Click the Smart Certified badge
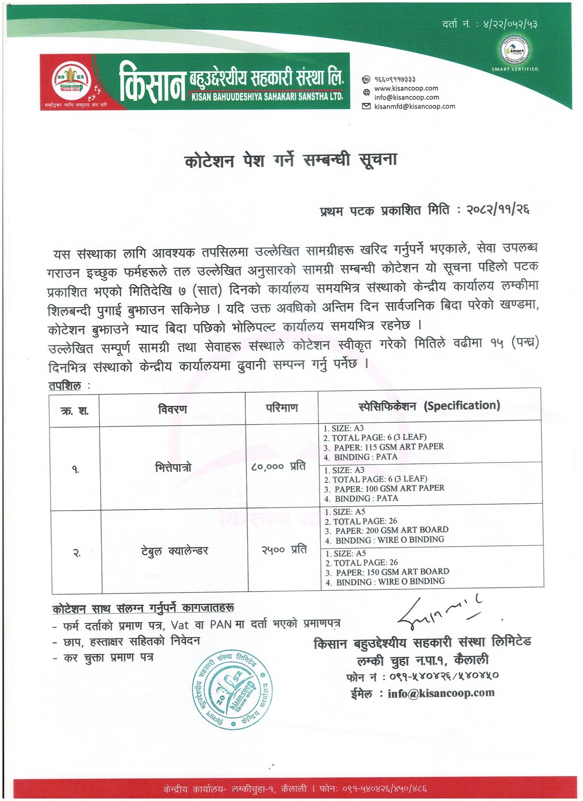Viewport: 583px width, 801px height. click(x=515, y=53)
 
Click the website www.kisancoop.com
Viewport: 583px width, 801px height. click(x=406, y=88)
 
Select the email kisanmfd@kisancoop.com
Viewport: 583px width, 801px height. click(x=414, y=106)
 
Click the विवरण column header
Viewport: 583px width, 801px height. click(x=173, y=409)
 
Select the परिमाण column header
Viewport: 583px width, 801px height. click(x=281, y=408)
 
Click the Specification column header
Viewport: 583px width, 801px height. click(x=429, y=406)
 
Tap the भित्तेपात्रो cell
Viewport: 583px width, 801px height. click(x=173, y=467)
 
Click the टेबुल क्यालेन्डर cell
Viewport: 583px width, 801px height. click(x=174, y=551)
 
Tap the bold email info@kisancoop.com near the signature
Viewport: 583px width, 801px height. click(x=441, y=693)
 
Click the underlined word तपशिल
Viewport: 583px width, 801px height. click(x=65, y=386)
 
